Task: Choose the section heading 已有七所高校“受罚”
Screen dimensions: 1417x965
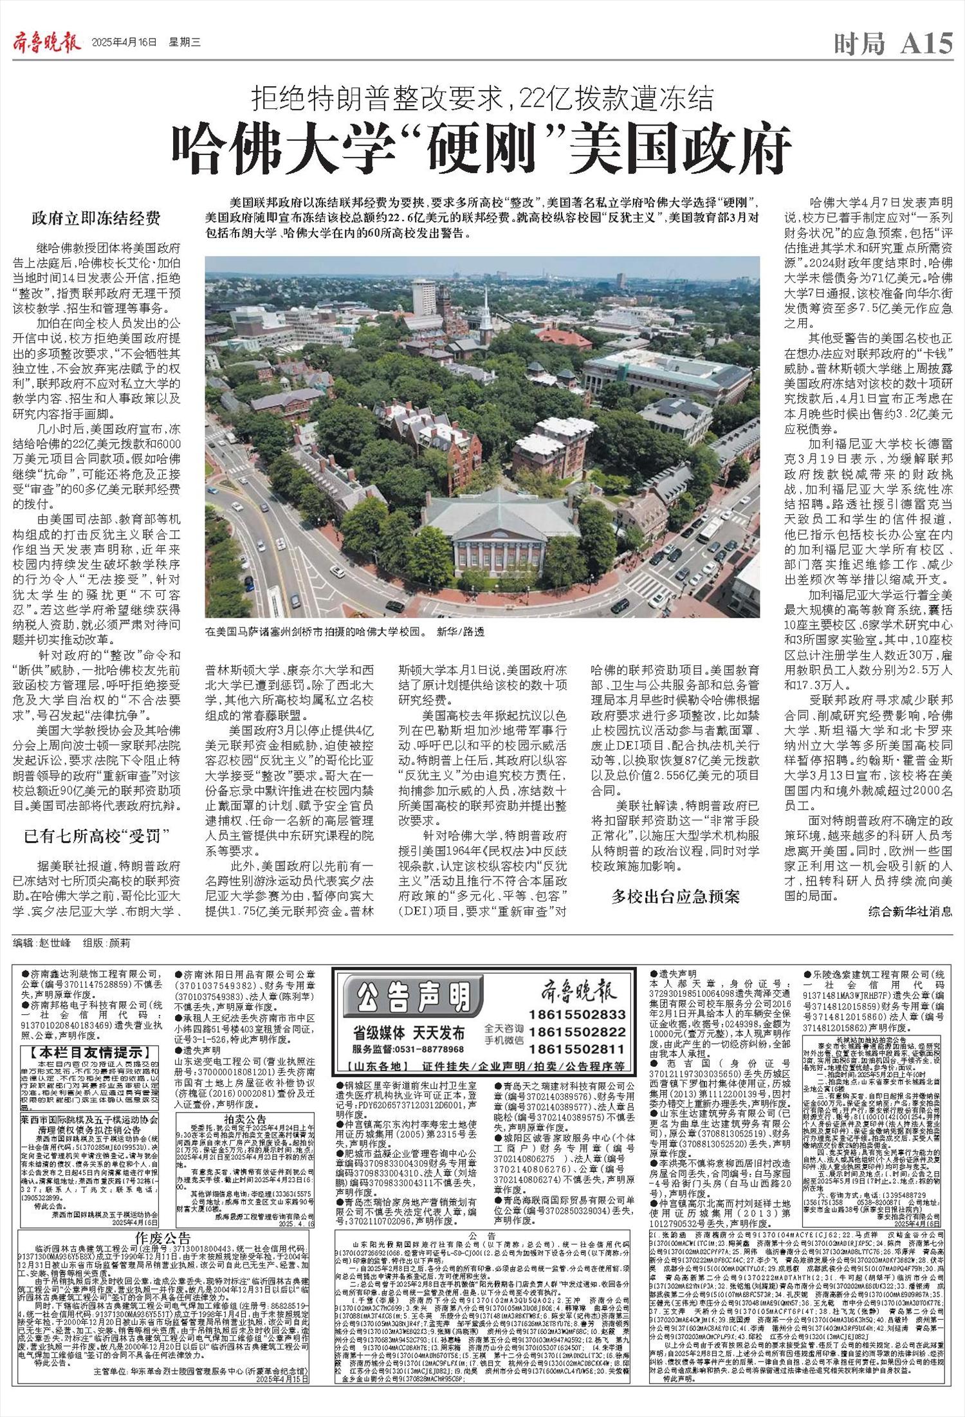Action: click(x=96, y=837)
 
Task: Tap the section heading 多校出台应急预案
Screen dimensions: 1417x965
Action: click(x=675, y=896)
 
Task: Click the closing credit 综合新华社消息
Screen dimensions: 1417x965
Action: click(x=910, y=911)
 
